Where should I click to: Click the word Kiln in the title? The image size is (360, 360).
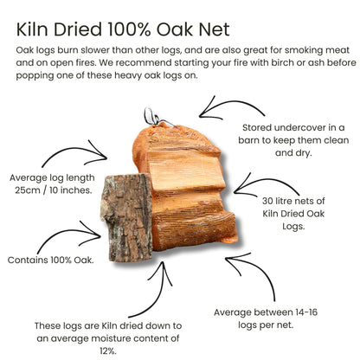pyautogui.click(x=32, y=29)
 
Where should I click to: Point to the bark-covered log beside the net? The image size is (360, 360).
pyautogui.click(x=127, y=217)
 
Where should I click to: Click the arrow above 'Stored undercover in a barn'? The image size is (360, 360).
pyautogui.click(x=231, y=107)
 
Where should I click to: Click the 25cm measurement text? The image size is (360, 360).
pyautogui.click(x=28, y=190)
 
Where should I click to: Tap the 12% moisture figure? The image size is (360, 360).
pyautogui.click(x=108, y=351)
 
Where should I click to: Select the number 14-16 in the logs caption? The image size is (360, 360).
pyautogui.click(x=306, y=312)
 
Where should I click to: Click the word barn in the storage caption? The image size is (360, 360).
pyautogui.click(x=249, y=140)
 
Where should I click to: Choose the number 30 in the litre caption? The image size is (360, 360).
pyautogui.click(x=267, y=201)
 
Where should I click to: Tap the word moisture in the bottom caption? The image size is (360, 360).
pyautogui.click(x=108, y=338)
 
